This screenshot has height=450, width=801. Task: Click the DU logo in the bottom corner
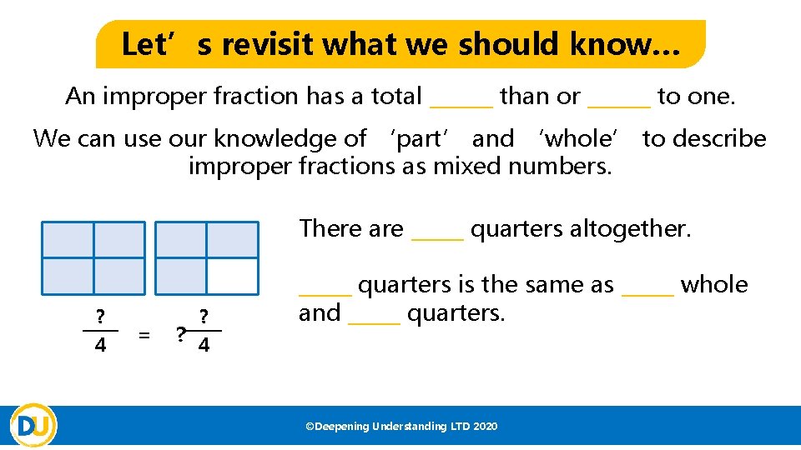click(x=33, y=425)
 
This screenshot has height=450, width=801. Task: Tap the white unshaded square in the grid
click(x=233, y=276)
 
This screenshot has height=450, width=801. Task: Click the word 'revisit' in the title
click(x=264, y=44)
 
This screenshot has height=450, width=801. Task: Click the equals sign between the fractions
click(x=144, y=335)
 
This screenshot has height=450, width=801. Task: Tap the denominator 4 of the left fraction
click(x=100, y=345)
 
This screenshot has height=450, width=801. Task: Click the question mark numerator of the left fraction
click(x=100, y=317)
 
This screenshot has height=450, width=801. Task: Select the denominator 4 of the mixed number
click(x=204, y=345)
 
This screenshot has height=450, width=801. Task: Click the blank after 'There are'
click(x=437, y=233)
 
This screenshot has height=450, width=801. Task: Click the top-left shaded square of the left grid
click(x=68, y=240)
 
